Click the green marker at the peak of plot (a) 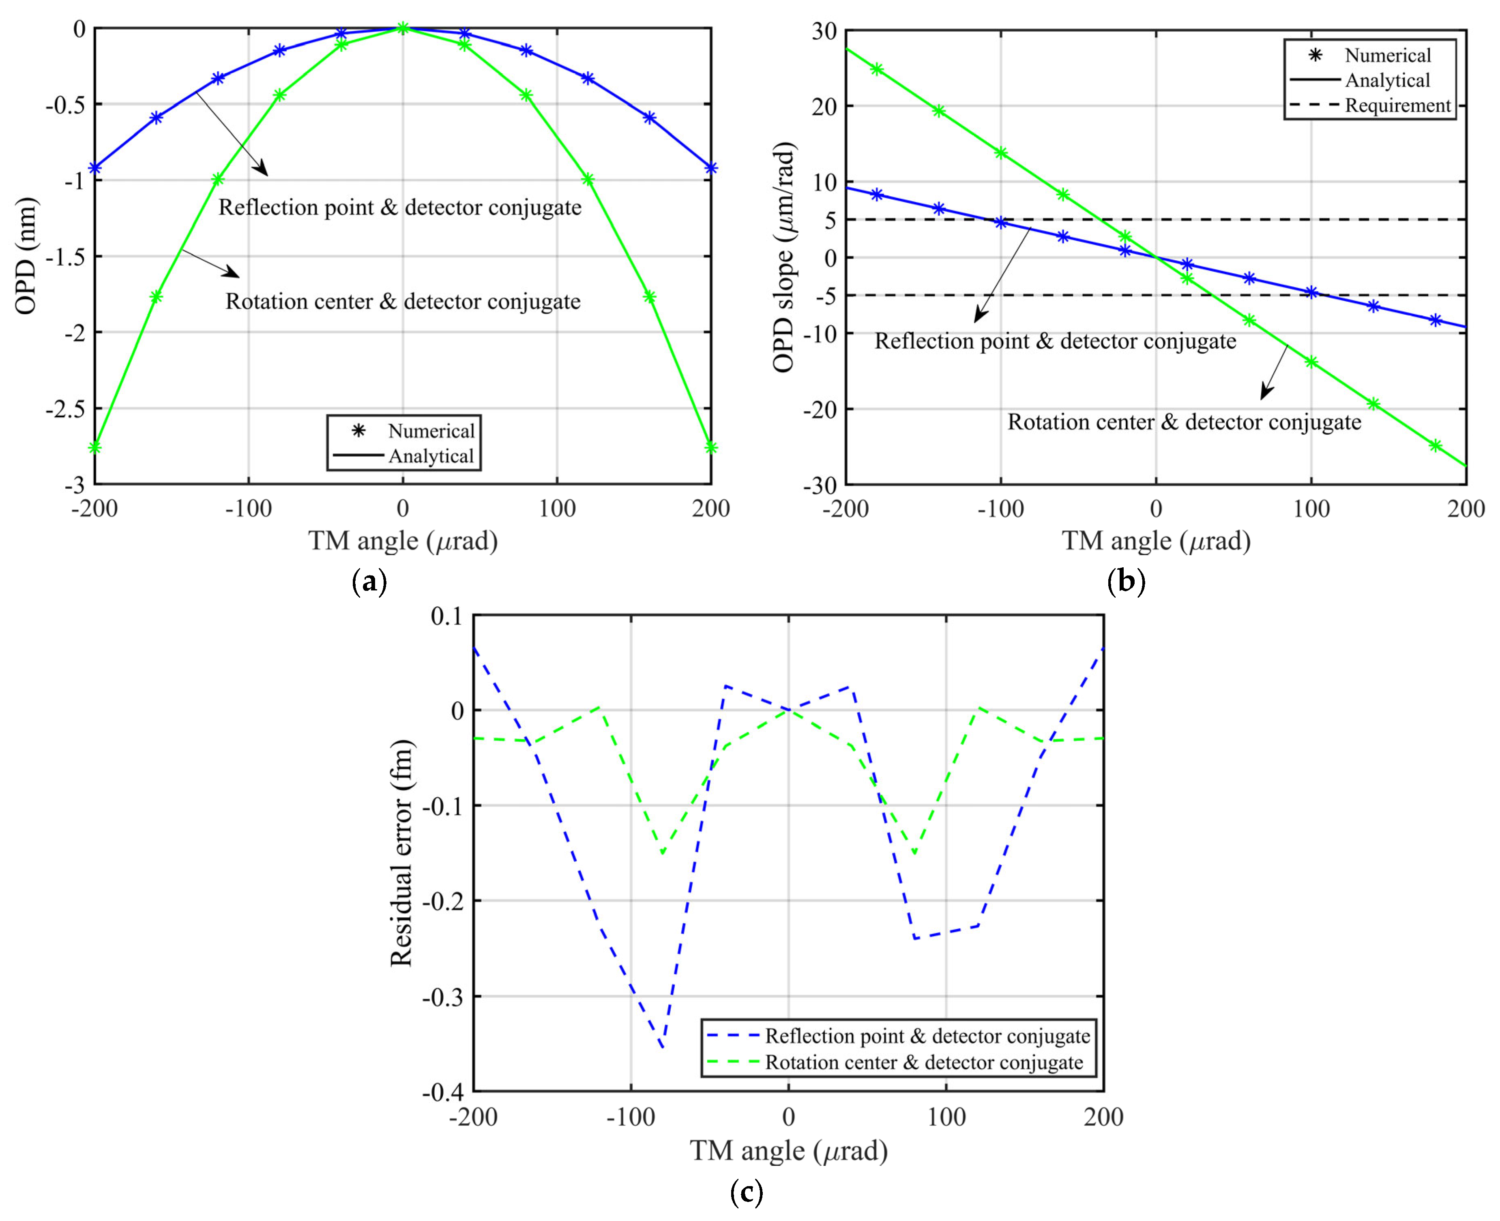403,28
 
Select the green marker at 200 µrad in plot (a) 711,447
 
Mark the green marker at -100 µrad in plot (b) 1001,152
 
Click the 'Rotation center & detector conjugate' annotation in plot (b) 1184,422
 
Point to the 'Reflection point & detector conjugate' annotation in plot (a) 399,208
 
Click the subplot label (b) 1126,582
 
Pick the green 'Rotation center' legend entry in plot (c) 923,1062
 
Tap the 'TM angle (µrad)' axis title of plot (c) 788,1151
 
